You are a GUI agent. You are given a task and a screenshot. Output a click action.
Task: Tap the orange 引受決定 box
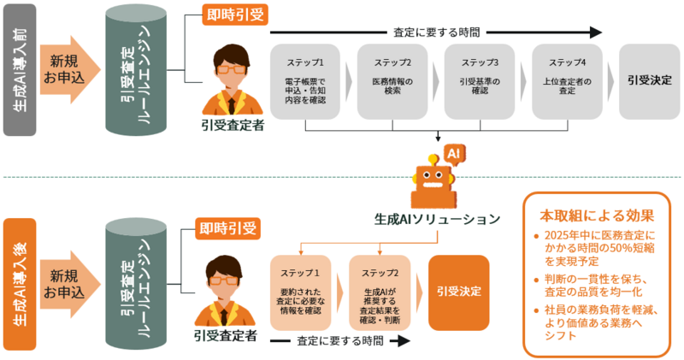459,292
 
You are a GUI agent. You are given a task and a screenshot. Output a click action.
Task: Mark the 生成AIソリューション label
437,219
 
